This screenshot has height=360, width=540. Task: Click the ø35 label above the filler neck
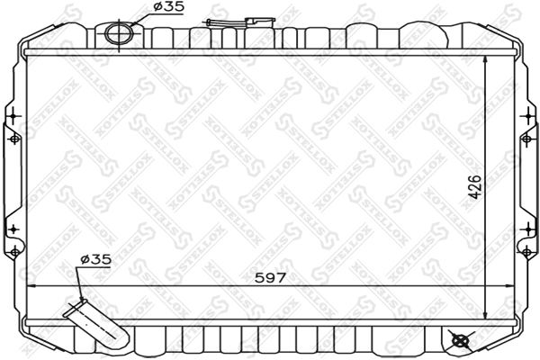click(168, 7)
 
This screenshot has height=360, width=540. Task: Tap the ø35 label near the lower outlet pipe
click(95, 259)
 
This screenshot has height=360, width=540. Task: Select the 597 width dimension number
click(269, 277)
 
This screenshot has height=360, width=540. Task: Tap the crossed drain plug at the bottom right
click(460, 341)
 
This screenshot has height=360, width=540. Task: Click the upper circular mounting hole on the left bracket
click(13, 139)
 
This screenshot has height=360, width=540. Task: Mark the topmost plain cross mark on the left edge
click(13, 114)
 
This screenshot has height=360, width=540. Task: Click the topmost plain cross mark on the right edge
click(526, 114)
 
